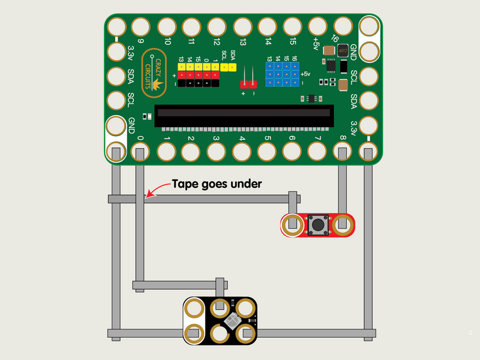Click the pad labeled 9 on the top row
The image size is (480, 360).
140,26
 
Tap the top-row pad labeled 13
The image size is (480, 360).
242,26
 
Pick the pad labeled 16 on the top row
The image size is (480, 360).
343,26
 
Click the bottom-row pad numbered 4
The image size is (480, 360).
242,151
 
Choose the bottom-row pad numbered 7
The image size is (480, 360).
317,151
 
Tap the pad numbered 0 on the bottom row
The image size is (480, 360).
140,151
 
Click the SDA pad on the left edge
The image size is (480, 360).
115,77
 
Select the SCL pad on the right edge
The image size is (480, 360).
368,77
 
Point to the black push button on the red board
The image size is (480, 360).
317,224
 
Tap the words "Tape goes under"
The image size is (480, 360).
217,184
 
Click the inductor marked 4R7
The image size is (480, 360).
343,52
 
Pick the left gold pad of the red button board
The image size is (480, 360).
292,224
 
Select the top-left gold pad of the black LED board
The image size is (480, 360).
194,308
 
